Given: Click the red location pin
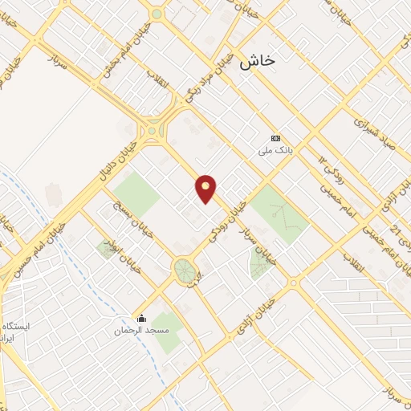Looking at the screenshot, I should click(x=206, y=189).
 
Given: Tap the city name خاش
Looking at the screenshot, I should click(x=257, y=61).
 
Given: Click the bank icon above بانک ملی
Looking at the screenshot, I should click(x=276, y=138).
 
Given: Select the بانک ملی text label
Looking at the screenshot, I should click(x=275, y=150).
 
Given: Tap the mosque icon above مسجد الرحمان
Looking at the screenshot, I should click(x=142, y=318).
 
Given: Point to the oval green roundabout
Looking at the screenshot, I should click(x=185, y=270).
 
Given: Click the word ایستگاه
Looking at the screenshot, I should click(x=18, y=327).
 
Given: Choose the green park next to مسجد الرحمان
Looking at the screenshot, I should click(x=167, y=332).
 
